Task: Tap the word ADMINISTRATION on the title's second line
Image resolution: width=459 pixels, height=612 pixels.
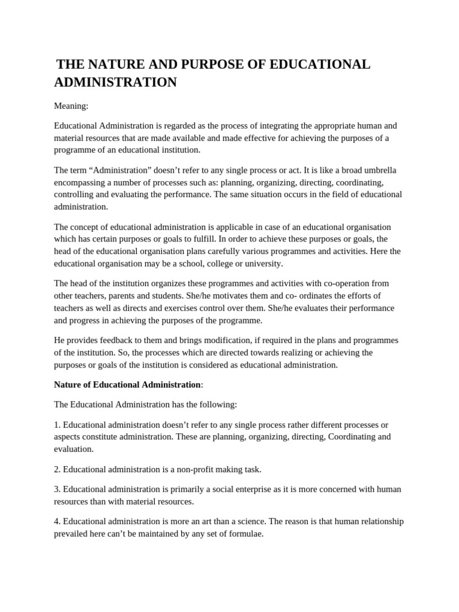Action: tap(115, 82)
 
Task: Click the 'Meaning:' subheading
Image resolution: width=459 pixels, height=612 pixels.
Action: tap(71, 106)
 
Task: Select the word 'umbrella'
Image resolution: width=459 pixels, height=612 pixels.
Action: tap(378, 170)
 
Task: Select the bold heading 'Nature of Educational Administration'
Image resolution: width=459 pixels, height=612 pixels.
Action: tap(127, 384)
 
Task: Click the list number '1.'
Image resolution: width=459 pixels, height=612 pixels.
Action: tap(57, 424)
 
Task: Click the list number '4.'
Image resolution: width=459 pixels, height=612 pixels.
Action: tap(57, 521)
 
